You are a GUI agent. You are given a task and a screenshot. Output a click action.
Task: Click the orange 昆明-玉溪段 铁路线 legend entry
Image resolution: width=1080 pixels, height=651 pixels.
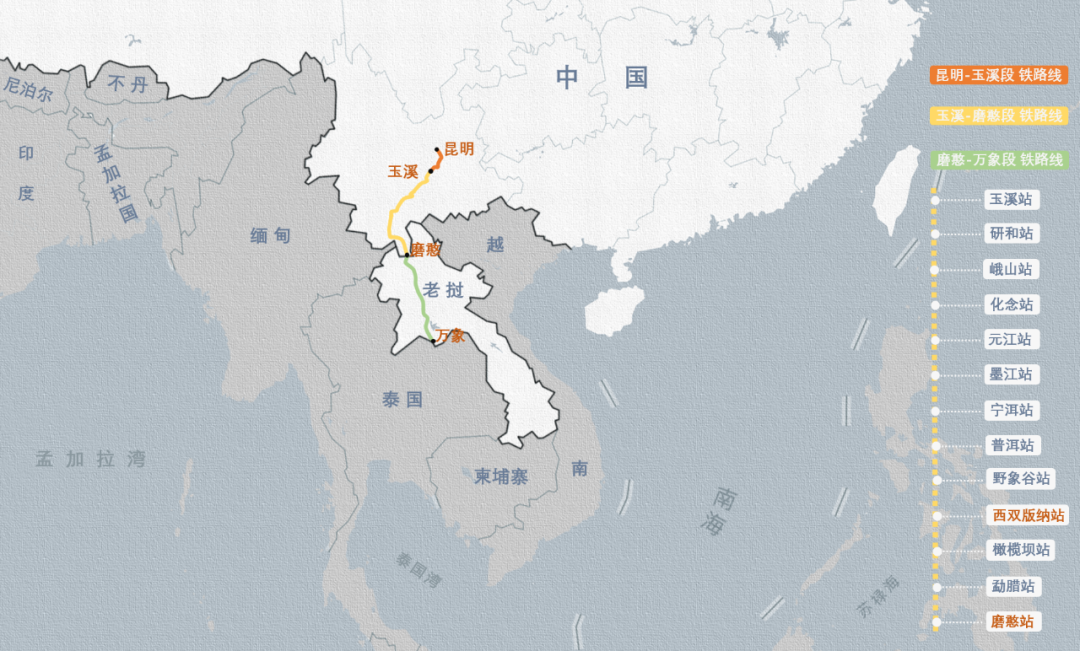click(998, 76)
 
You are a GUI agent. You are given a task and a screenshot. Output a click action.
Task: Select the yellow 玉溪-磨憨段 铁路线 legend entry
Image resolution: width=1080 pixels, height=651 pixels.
click(998, 116)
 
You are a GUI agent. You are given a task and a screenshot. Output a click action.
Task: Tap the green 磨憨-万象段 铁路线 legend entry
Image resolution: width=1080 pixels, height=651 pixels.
click(998, 160)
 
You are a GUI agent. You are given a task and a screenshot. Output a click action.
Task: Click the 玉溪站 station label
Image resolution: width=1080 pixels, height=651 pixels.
click(1011, 199)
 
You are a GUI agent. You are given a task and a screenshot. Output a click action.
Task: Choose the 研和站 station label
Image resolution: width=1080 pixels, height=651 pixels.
click(1011, 234)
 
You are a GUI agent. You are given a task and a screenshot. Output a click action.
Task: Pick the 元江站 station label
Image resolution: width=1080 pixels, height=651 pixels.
click(1011, 339)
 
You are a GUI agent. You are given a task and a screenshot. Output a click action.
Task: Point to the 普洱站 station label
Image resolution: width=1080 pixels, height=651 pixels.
click(1011, 445)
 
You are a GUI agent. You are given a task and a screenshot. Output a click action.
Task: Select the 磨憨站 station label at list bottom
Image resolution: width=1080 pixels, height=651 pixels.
click(1011, 621)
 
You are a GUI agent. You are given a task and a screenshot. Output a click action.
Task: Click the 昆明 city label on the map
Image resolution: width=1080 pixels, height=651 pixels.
click(459, 150)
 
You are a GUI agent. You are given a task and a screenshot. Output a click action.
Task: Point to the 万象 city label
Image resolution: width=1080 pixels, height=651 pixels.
click(450, 336)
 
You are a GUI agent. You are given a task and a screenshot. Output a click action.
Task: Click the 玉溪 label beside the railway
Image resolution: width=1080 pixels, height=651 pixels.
click(403, 172)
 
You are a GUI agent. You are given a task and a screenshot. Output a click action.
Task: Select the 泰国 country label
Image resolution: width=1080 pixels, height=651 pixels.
click(402, 400)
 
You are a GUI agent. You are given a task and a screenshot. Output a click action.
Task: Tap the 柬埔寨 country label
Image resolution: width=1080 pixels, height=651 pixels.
click(501, 477)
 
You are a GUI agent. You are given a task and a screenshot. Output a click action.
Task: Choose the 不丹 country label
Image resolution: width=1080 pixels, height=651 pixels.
click(128, 85)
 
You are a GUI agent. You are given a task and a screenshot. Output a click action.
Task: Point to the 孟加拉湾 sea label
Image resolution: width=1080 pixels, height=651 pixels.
click(90, 460)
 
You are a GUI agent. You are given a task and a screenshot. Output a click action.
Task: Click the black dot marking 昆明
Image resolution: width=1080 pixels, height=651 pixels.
click(437, 151)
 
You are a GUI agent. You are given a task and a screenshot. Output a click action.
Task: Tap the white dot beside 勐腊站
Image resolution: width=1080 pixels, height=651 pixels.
click(935, 586)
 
